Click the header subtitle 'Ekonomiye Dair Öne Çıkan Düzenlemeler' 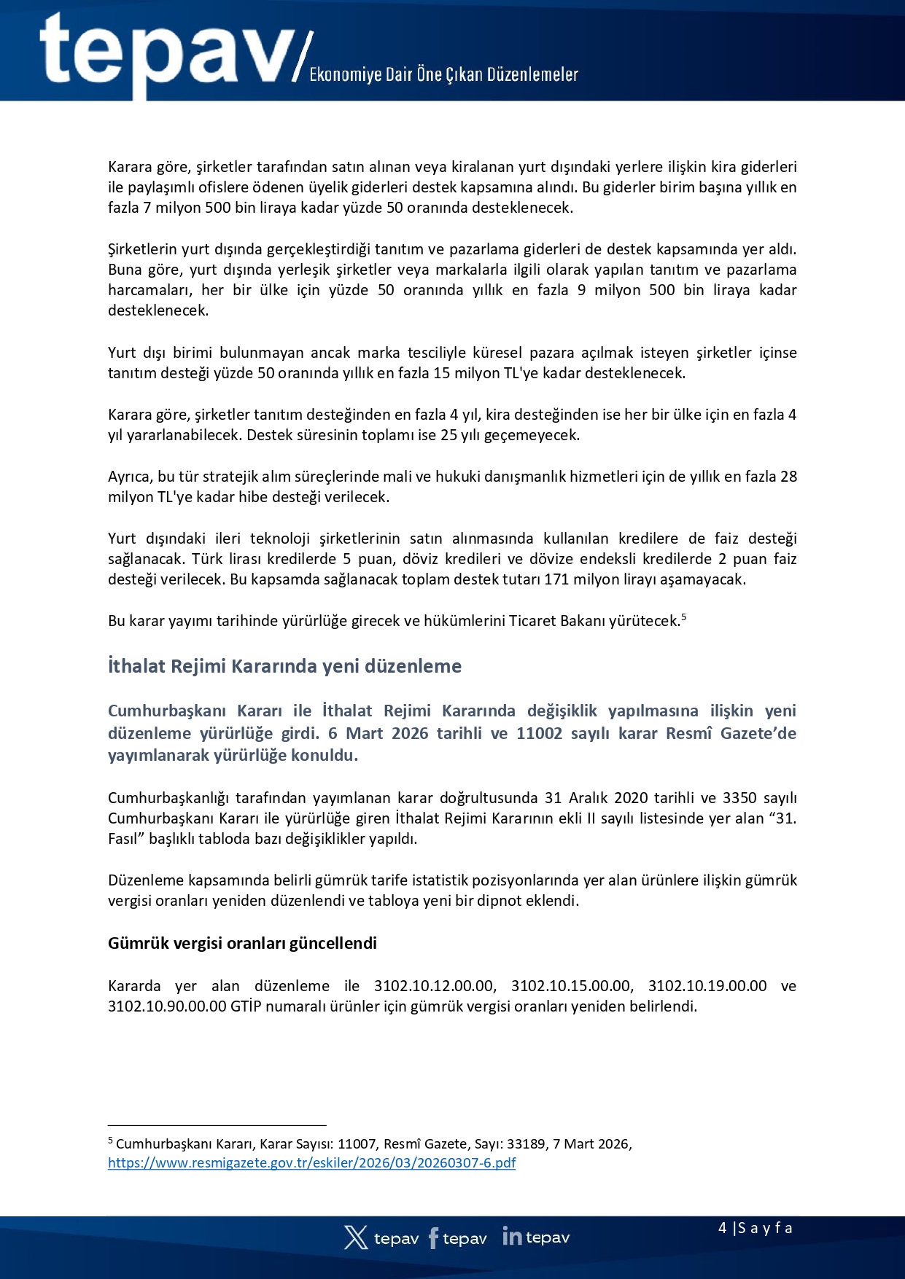[x=443, y=74]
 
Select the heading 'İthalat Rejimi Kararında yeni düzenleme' [x=284, y=666]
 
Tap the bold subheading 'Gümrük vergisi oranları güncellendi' [x=242, y=943]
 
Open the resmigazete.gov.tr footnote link [x=311, y=1162]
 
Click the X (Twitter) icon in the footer [x=356, y=1237]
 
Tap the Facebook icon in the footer [x=433, y=1237]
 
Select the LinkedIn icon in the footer [x=512, y=1236]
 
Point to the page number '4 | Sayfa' [x=755, y=1228]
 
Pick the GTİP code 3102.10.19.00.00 [x=707, y=986]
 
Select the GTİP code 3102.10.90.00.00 [x=167, y=1006]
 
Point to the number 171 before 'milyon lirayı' [x=556, y=580]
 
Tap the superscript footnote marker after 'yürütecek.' [x=684, y=617]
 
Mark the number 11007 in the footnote [x=357, y=1144]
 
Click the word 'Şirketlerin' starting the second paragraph [x=141, y=249]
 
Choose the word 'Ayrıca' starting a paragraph [x=130, y=477]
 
